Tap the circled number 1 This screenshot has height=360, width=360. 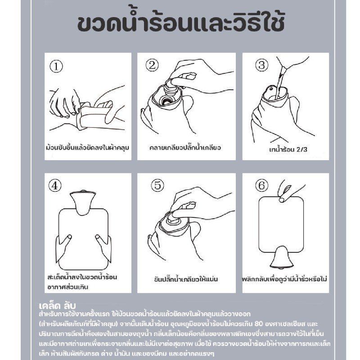[56, 66]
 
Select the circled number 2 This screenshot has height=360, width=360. [152, 65]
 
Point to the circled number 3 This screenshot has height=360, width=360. [262, 65]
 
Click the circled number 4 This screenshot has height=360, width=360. [55, 185]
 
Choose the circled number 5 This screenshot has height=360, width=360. [157, 185]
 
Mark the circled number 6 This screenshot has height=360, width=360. [262, 185]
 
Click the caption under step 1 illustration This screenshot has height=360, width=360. [87, 147]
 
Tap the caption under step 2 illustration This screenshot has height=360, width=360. [185, 147]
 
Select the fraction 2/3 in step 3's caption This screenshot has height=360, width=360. [301, 149]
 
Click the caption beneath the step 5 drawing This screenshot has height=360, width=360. [186, 279]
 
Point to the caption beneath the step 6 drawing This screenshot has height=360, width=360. [285, 279]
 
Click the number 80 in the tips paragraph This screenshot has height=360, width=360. [258, 324]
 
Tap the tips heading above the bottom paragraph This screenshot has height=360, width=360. [57, 305]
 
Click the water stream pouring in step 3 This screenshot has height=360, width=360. [280, 83]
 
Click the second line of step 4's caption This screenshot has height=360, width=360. [68, 287]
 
